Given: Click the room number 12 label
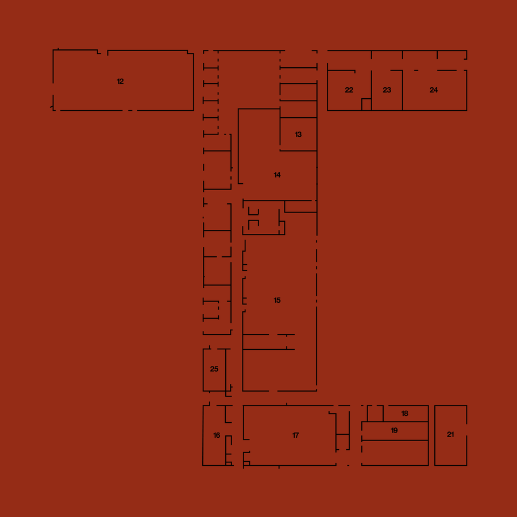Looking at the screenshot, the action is (120, 82).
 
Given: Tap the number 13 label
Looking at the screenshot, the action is (298, 134).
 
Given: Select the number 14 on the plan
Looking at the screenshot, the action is (277, 175).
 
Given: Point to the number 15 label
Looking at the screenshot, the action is (277, 300).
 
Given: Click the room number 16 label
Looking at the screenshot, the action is (217, 435).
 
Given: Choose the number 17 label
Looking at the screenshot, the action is (295, 435).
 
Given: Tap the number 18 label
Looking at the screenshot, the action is (404, 414).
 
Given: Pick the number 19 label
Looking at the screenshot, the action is (394, 430).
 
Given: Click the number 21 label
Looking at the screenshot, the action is (450, 435).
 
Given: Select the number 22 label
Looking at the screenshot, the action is (349, 90).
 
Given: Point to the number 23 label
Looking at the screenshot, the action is (387, 90).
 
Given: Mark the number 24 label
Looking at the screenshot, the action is (434, 90).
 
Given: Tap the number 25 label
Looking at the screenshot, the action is (214, 369).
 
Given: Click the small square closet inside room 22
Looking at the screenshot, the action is (366, 105).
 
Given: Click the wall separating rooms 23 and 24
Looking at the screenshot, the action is (403, 90).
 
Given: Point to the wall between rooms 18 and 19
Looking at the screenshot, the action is (395, 422).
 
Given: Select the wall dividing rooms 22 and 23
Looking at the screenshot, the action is (372, 90).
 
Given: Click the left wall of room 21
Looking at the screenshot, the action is (435, 435).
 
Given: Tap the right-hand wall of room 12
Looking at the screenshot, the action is (194, 82).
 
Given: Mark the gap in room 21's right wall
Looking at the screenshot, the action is (466, 430).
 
